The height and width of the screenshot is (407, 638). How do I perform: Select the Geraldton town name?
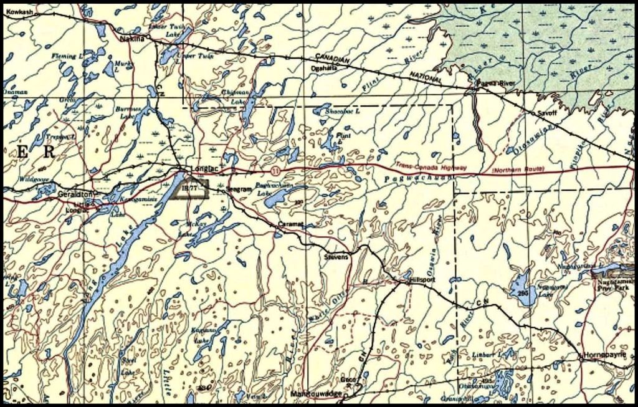pos(75,193)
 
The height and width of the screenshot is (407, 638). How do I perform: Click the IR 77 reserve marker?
pos(190,187)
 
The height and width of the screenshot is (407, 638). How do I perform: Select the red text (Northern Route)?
pos(518,170)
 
